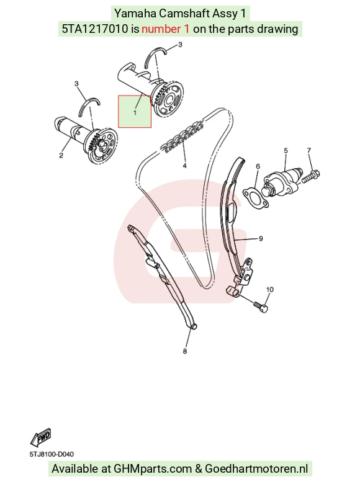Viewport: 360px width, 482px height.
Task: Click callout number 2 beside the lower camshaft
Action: click(61, 155)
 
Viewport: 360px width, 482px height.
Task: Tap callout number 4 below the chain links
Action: click(184, 166)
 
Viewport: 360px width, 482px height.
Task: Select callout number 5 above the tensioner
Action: click(286, 150)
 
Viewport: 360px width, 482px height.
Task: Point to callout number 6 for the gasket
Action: click(258, 166)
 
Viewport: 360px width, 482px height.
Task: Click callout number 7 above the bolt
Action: click(309, 150)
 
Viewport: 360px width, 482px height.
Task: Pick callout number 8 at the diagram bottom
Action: click(184, 350)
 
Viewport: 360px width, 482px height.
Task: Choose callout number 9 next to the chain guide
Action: click(261, 239)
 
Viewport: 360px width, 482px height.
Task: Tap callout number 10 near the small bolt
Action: click(269, 290)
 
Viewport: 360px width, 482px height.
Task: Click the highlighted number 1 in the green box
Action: click(135, 113)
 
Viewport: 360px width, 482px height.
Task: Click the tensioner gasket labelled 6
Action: click(256, 199)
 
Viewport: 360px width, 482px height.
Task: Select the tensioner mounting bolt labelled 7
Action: click(310, 176)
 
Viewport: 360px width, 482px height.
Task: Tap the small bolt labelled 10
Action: click(261, 307)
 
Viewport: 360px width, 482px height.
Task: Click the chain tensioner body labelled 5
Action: click(282, 183)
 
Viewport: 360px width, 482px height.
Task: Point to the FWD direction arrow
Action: click(40, 437)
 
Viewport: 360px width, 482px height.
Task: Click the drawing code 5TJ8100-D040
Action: click(52, 454)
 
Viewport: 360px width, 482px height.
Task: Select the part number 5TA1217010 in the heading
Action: click(95, 29)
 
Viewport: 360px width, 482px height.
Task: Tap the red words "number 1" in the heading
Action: click(166, 29)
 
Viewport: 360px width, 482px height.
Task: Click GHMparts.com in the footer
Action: click(153, 469)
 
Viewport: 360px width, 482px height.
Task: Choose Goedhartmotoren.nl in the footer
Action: click(256, 469)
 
